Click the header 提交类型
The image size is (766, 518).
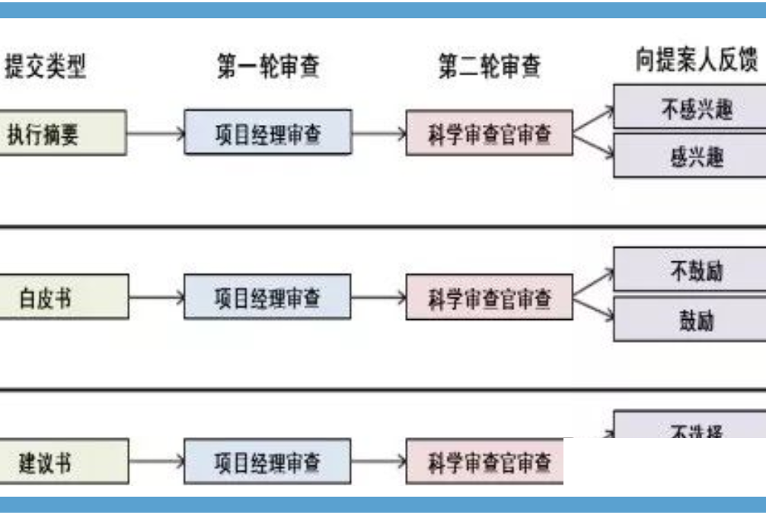[45, 67]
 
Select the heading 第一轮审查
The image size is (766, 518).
[268, 67]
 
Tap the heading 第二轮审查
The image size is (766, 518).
[490, 67]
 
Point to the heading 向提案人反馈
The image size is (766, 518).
[697, 61]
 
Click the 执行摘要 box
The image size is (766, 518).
[63, 133]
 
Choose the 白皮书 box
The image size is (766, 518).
[63, 298]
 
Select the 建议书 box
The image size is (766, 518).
[63, 462]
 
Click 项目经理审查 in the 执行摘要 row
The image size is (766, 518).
[268, 133]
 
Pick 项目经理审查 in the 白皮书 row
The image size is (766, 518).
[268, 297]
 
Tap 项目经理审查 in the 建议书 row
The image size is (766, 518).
[268, 462]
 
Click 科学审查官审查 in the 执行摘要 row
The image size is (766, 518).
[490, 134]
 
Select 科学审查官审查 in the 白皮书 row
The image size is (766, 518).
[490, 298]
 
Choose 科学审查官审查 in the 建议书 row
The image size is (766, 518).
[485, 462]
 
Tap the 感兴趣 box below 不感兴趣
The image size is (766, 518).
[690, 157]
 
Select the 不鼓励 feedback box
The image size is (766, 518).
[690, 270]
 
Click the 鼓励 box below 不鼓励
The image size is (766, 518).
[690, 320]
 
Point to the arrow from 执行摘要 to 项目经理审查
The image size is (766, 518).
[156, 133]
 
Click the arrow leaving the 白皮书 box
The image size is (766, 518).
[156, 298]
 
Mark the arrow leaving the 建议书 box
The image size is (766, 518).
[156, 462]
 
